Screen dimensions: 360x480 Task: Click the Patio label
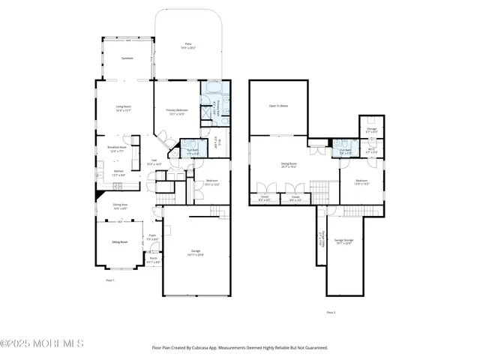[x=188, y=45]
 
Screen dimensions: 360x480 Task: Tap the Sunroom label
[x=127, y=58]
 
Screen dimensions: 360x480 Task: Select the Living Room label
[x=124, y=107]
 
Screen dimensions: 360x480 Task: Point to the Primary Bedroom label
[x=177, y=110]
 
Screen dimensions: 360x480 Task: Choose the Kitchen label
[x=118, y=171]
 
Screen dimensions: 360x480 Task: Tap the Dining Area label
[x=120, y=205]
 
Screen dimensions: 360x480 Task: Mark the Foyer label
[x=151, y=235]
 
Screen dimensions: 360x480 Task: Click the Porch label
[x=153, y=258]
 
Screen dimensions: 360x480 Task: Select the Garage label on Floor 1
[x=195, y=251]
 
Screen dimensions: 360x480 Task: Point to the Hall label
[x=154, y=160]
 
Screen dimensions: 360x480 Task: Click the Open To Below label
[x=278, y=106]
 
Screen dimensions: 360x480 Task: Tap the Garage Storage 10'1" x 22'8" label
[x=343, y=241]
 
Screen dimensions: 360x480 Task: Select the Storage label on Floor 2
[x=371, y=129]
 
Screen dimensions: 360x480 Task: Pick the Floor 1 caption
[x=109, y=279]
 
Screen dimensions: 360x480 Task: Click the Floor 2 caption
[x=331, y=312]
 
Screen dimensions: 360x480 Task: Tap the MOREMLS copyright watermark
[x=42, y=344]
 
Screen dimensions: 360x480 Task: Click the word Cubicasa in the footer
[x=212, y=348]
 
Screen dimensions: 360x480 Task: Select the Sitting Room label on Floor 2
[x=289, y=163]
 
